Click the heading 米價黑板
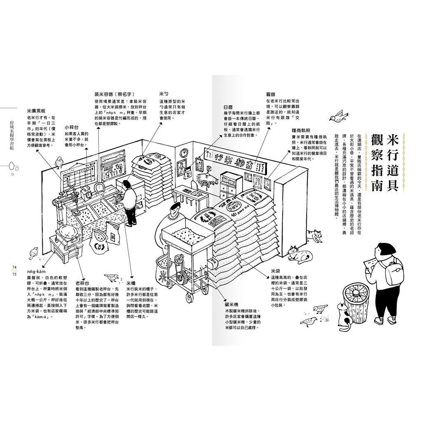36,111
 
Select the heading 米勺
164,94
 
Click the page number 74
14,268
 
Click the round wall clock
184,153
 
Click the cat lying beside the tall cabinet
298,253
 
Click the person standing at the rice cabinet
129,202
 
